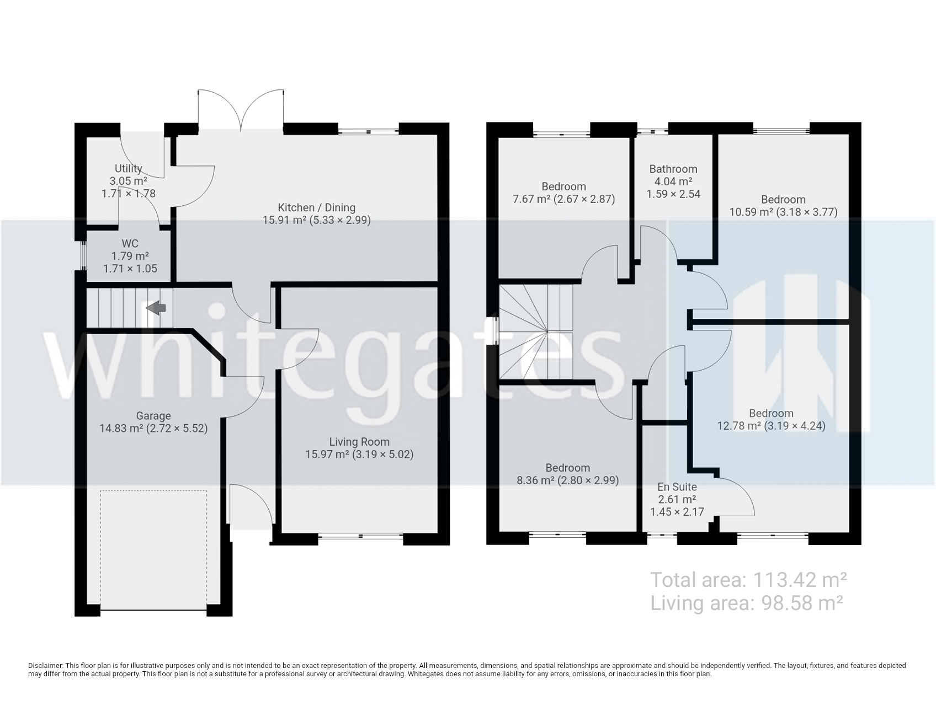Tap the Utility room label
[x=129, y=168]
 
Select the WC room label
[x=130, y=243]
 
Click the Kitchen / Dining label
[x=316, y=207]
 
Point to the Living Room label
[x=359, y=442]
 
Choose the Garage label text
[x=153, y=416]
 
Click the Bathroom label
[x=673, y=169]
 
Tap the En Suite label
[x=677, y=486]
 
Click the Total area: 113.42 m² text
[x=749, y=580]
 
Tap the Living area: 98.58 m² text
[x=747, y=603]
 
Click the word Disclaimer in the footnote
[x=45, y=666]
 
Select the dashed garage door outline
[x=153, y=550]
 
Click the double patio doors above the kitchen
[x=241, y=111]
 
